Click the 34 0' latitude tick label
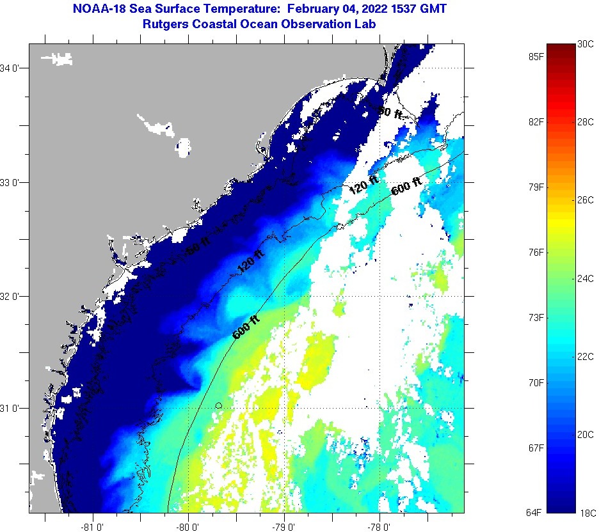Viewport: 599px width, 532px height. (11, 68)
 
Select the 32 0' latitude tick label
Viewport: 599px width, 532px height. (11, 297)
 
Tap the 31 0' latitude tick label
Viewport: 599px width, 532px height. (11, 408)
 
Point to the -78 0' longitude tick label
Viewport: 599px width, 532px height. (380, 527)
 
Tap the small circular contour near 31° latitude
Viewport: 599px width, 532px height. (219, 405)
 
